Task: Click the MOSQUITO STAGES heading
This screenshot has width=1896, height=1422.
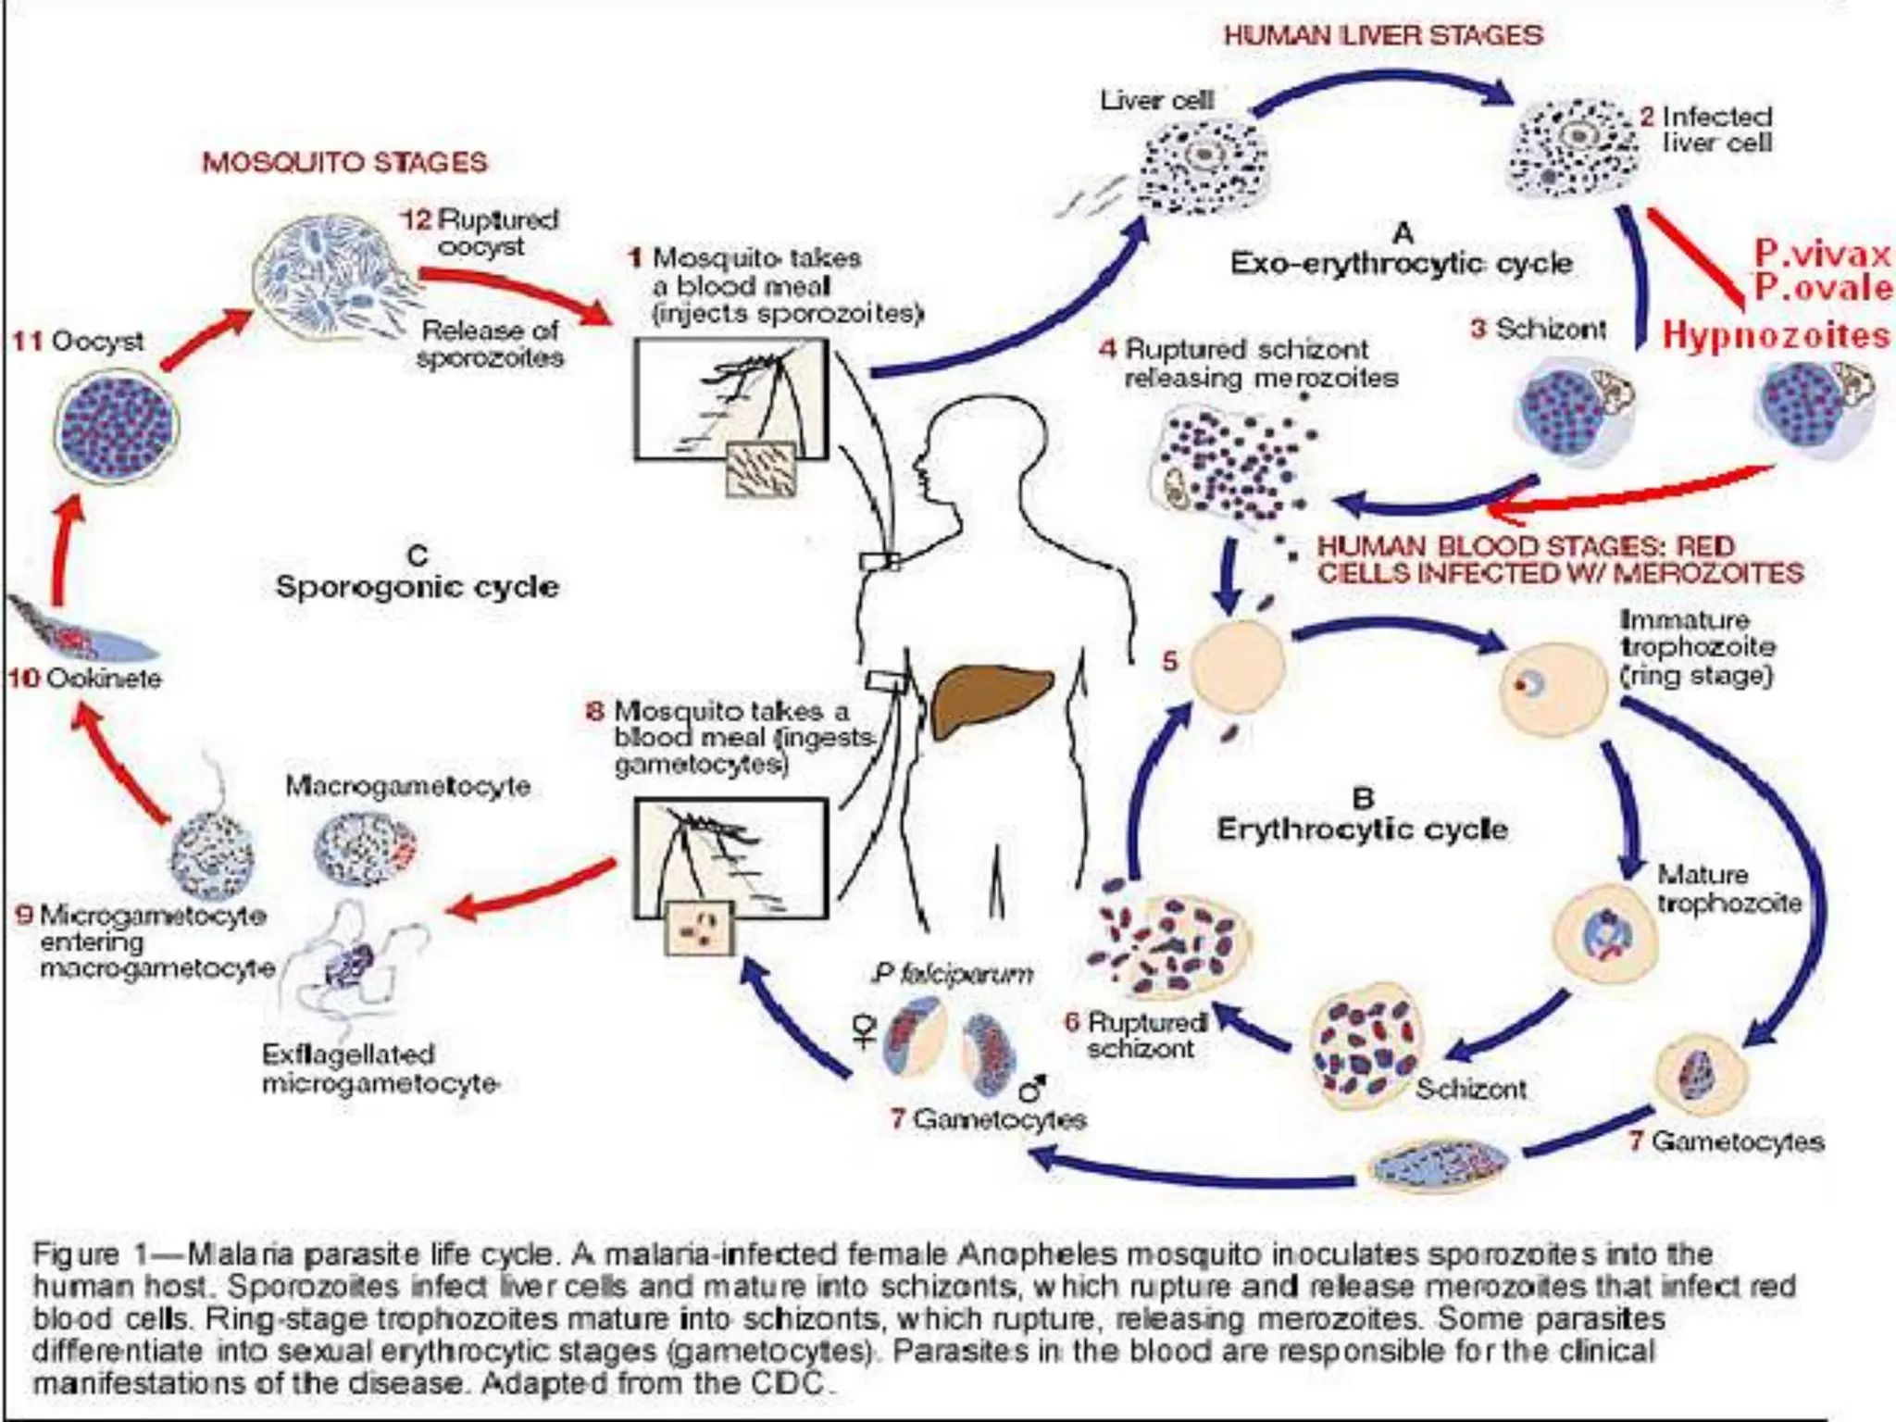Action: point(344,163)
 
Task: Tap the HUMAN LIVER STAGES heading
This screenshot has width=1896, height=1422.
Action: point(1383,36)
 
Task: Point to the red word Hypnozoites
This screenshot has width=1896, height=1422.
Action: point(1776,335)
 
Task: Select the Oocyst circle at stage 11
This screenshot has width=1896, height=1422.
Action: point(117,425)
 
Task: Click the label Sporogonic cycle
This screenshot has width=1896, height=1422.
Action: point(418,587)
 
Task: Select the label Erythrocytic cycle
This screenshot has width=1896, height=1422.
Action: point(1362,829)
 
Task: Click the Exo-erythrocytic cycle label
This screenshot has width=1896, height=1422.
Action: point(1401,264)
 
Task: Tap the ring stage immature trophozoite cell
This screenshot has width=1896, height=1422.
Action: point(1553,689)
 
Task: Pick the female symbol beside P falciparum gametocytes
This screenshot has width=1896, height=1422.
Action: point(865,1030)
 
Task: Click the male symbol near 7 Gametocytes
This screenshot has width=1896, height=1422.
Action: point(1032,1089)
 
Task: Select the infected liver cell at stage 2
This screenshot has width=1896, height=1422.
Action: point(1575,147)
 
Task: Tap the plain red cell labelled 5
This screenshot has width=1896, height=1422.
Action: point(1238,667)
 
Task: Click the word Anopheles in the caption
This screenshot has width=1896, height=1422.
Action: point(1028,1254)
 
